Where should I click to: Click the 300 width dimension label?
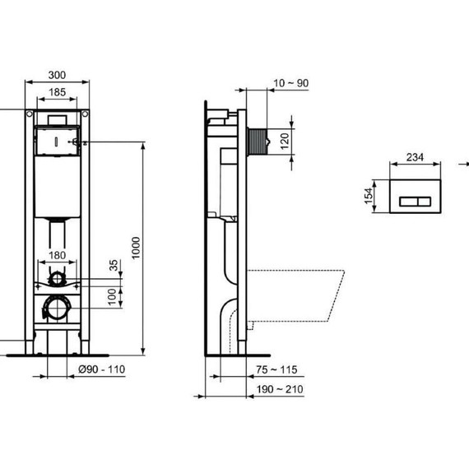(56, 75)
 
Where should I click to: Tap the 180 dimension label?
(56, 255)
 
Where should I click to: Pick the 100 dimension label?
(114, 295)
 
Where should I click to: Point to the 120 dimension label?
(285, 139)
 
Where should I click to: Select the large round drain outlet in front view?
(57, 309)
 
